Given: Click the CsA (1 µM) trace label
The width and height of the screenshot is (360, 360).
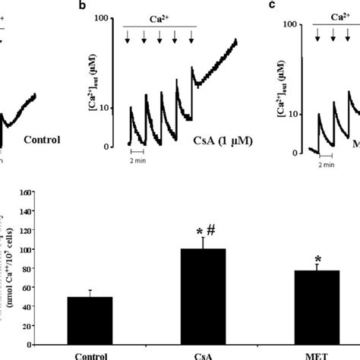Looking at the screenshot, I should (x=222, y=141).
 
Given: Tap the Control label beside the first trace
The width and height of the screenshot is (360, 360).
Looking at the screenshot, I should (x=43, y=139).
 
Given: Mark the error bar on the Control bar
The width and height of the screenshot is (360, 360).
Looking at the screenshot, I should (x=90, y=293).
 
